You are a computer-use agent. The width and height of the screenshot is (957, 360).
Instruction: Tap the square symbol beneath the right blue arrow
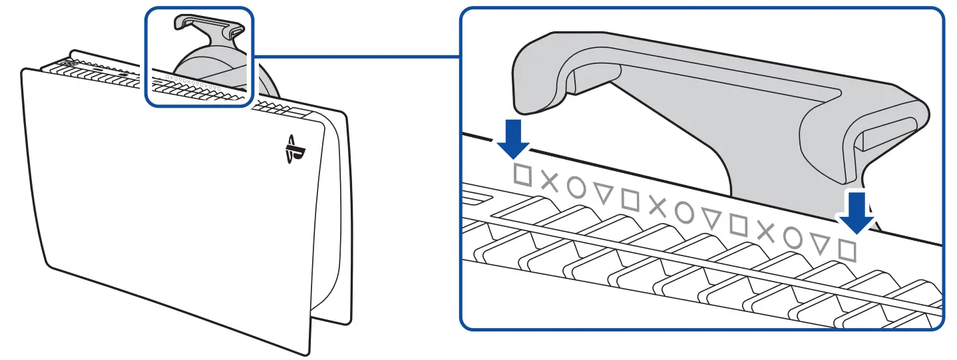coord(847,250)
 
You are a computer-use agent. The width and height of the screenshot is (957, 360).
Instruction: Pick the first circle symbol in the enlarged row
coord(576,188)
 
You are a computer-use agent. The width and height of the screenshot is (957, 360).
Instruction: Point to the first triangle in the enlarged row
coord(603,193)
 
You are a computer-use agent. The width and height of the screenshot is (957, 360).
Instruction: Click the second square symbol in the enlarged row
coord(630,199)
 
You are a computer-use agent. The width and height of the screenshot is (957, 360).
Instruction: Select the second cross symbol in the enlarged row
coord(657,206)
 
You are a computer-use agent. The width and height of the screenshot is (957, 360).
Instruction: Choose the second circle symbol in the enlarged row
coord(684,212)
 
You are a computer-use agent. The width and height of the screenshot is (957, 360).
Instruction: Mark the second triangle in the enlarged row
coord(711,218)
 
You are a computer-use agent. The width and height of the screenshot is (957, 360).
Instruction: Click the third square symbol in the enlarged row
coord(738,224)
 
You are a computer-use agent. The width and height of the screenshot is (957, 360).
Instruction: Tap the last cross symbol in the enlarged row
coord(766,232)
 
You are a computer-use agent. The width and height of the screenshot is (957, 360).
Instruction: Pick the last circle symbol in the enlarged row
coord(793,238)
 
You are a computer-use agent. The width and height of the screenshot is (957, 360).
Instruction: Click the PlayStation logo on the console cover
coord(290,150)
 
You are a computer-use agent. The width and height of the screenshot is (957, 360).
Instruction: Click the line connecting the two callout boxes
coord(357,56)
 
